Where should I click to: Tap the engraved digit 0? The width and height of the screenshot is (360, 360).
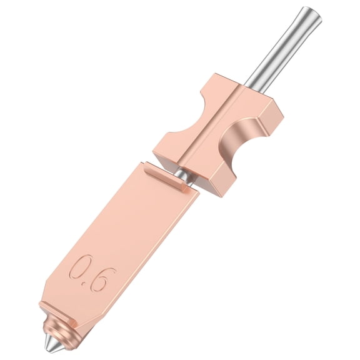(80, 267)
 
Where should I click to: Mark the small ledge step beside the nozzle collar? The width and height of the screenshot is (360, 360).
(74, 322)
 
